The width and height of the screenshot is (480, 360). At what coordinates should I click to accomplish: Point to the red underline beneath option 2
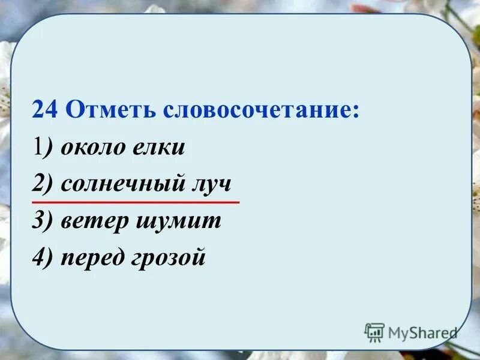135,202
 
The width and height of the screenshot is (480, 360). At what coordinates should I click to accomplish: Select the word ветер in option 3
94,221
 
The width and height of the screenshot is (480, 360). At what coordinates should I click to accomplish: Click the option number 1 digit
37,148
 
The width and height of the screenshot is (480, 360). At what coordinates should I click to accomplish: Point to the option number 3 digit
38,221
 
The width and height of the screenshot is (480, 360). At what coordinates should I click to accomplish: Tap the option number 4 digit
38,258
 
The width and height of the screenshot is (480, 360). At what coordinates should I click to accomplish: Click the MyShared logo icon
374,332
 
